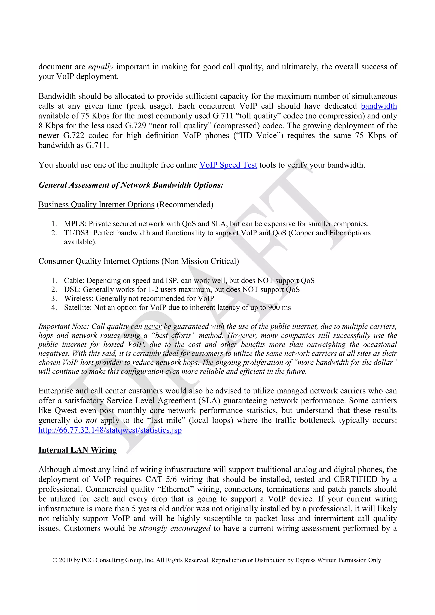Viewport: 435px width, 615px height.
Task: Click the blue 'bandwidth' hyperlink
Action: [379, 106]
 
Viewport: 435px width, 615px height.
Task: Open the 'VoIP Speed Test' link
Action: [228, 165]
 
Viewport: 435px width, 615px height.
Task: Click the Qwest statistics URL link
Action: [110, 430]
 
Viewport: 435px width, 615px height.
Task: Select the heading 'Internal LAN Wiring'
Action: [78, 450]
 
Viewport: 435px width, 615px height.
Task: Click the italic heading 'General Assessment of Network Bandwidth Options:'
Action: [131, 185]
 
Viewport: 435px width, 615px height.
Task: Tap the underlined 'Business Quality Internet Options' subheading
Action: [96, 204]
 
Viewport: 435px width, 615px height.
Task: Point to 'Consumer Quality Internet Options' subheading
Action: [99, 261]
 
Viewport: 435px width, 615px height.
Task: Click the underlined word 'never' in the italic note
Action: [153, 327]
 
